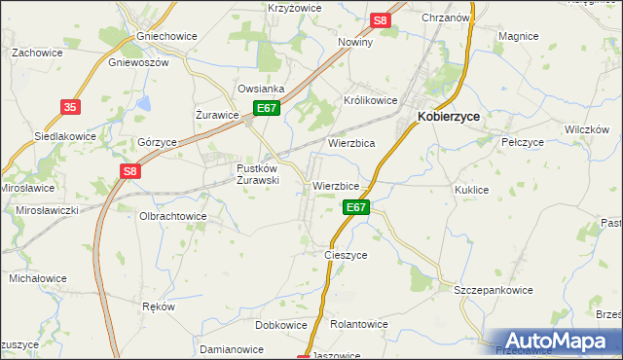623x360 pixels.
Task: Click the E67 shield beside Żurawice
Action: coord(268,109)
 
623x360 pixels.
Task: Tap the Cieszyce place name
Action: coord(346,255)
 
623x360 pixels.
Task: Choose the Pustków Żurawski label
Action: coord(259,173)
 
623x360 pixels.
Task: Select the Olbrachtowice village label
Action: coord(173,216)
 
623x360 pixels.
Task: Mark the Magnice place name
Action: coord(518,36)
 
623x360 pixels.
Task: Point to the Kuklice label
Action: coord(471,191)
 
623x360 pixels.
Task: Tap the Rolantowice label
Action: coord(360,324)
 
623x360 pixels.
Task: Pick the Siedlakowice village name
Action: coord(65,136)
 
